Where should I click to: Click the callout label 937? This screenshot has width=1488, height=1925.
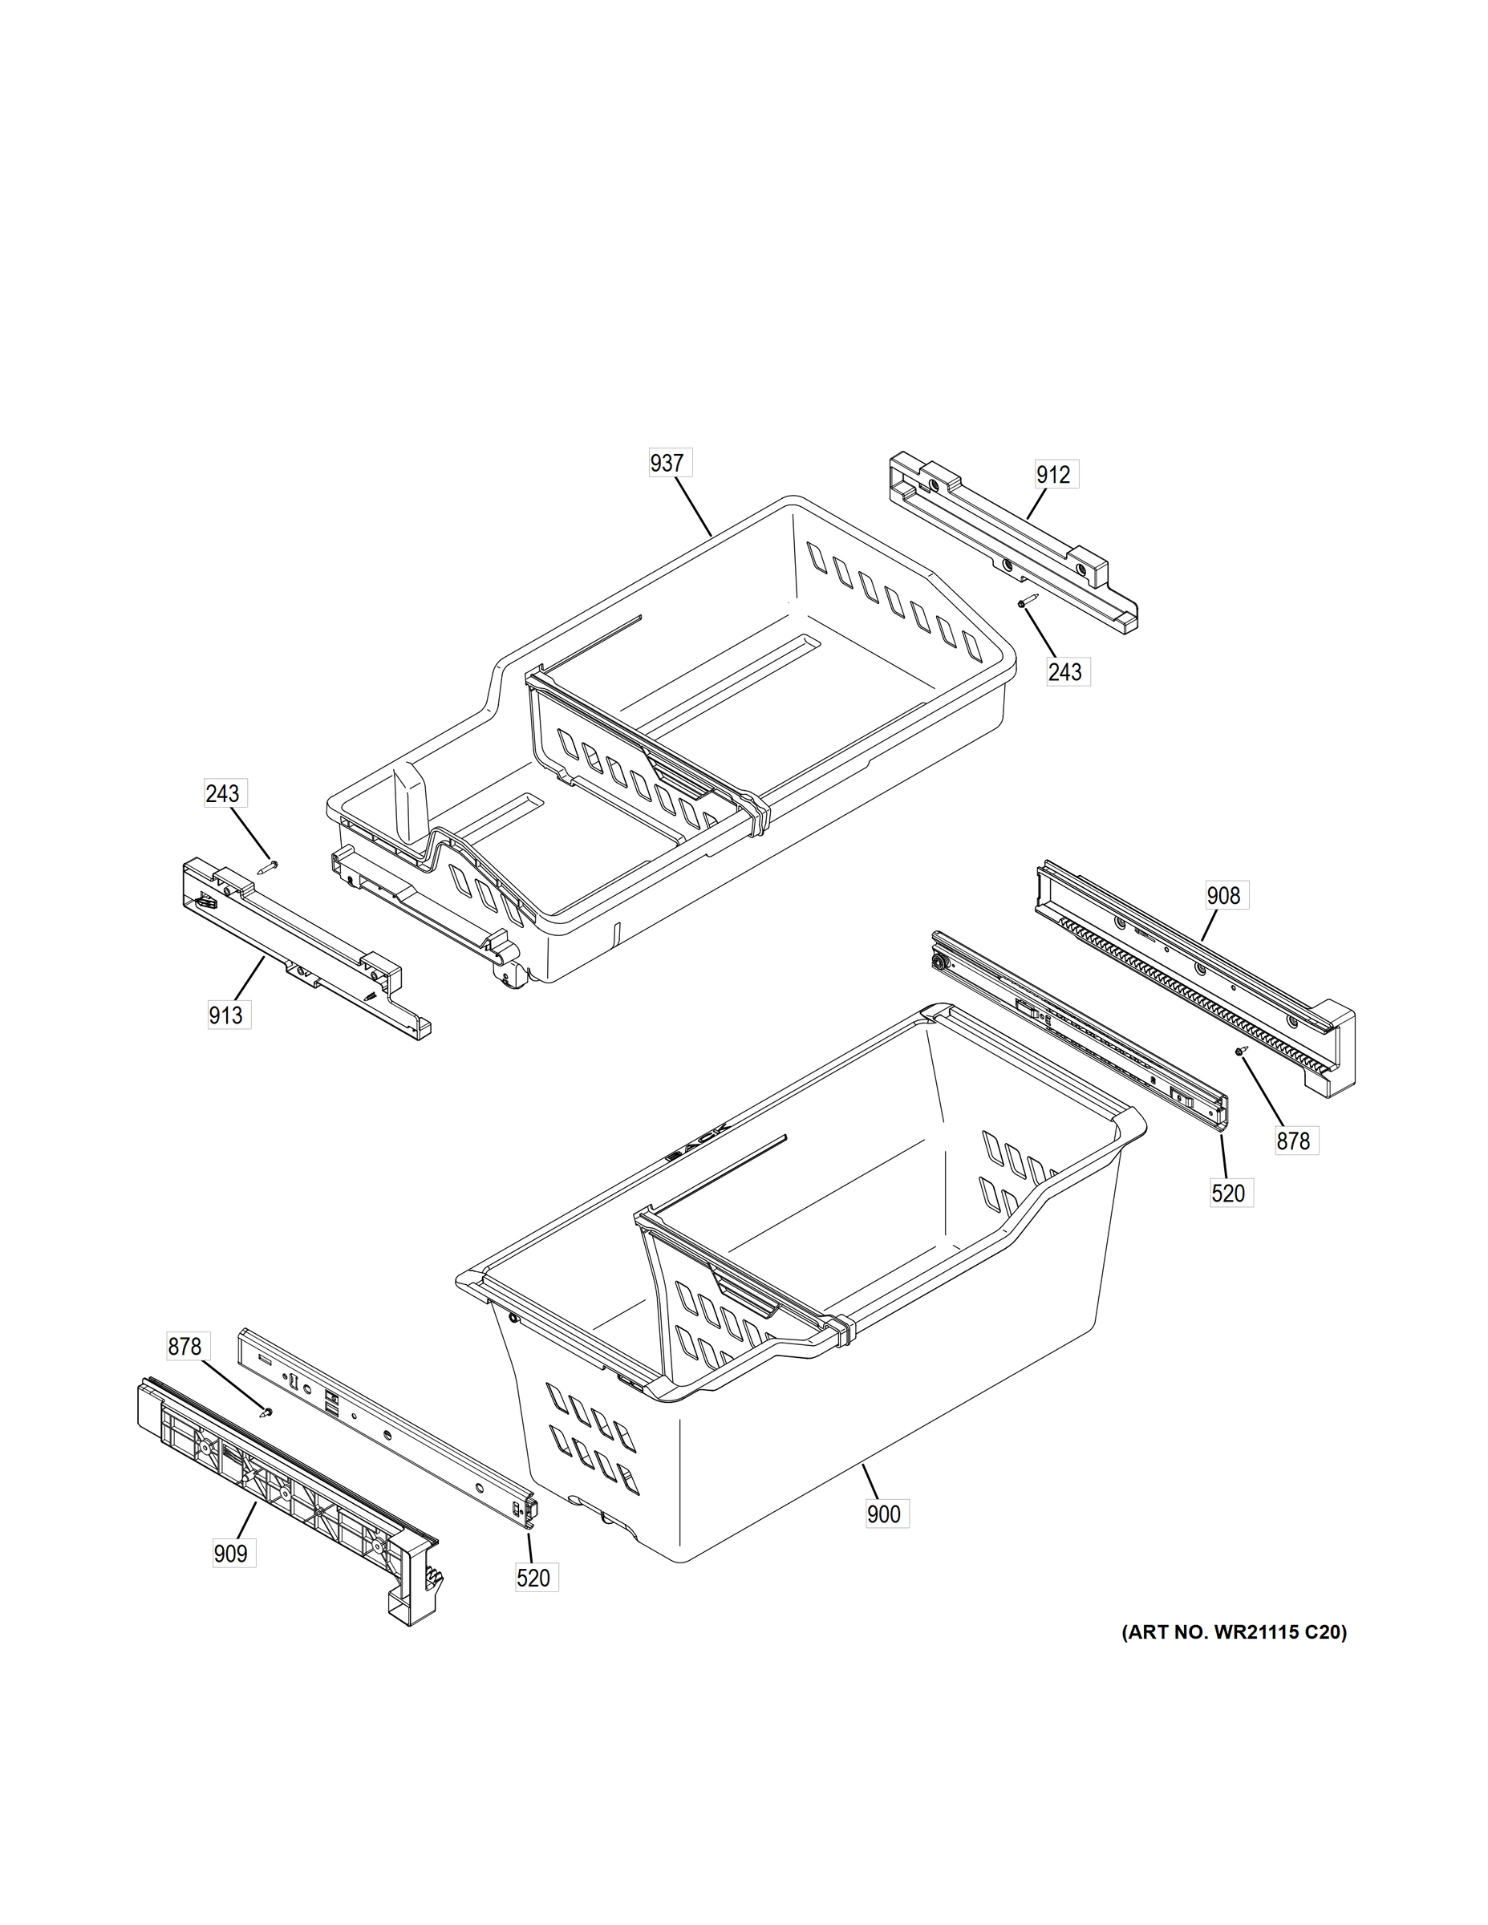point(667,463)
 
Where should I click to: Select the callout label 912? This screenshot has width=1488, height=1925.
point(1053,475)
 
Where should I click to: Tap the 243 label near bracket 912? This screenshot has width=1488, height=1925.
point(1065,671)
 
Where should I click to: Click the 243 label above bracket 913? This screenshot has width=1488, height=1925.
point(222,793)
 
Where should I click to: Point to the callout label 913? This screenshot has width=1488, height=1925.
point(225,1015)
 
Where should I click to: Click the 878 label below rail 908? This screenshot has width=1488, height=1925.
point(1293,1141)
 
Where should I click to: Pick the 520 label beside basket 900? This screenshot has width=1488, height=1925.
point(1229,1193)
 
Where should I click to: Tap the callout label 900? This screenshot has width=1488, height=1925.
point(884,1514)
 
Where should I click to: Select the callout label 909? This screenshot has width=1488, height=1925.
point(231,1554)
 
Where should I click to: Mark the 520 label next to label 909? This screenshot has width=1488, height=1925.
point(534,1578)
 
